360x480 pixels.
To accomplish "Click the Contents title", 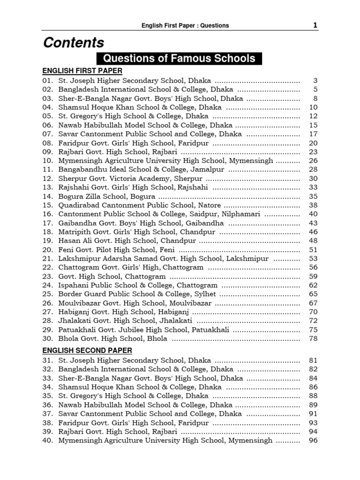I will coord(74,43).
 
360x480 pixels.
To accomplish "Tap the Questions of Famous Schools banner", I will coord(179,59).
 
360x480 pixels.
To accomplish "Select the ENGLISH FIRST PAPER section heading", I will coord(82,71).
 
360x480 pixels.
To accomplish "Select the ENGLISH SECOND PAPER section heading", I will coord(87,350).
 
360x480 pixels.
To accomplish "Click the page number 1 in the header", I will coord(315,25).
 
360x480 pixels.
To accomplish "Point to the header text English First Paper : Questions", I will coord(185,26).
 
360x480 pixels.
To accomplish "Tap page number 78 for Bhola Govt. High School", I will coord(313,338).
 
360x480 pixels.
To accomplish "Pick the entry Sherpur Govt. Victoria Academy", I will coord(130,179).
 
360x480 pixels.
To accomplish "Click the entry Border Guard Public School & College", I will coord(137,294).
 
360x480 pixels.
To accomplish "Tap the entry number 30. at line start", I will coord(48,338).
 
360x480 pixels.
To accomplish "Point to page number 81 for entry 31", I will coord(313,360).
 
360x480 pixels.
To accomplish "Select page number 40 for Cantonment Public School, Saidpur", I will coord(313,214).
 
